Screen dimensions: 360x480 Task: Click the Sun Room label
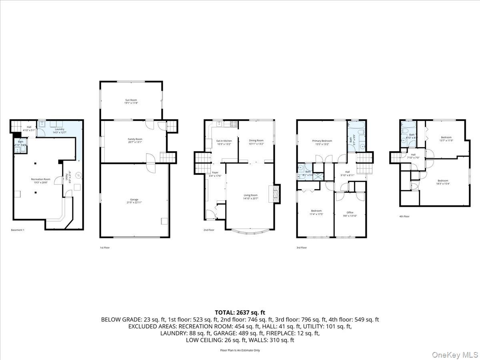click(131, 100)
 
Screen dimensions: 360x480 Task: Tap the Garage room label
click(134, 200)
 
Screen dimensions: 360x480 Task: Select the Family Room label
click(135, 139)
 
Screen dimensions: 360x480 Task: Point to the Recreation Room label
click(41, 179)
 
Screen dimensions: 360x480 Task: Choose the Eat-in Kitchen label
click(224, 141)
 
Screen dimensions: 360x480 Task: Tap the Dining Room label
click(256, 140)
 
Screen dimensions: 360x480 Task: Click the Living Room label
click(251, 195)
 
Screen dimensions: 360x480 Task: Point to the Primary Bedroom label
click(322, 141)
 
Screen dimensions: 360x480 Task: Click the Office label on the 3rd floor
click(350, 212)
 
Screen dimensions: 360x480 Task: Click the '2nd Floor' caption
click(209, 230)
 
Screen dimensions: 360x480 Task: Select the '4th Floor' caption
click(404, 216)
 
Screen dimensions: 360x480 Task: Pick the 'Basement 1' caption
click(18, 230)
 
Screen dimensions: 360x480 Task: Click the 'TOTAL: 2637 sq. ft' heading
click(240, 312)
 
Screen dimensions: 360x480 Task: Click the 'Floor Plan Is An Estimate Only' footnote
click(240, 350)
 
